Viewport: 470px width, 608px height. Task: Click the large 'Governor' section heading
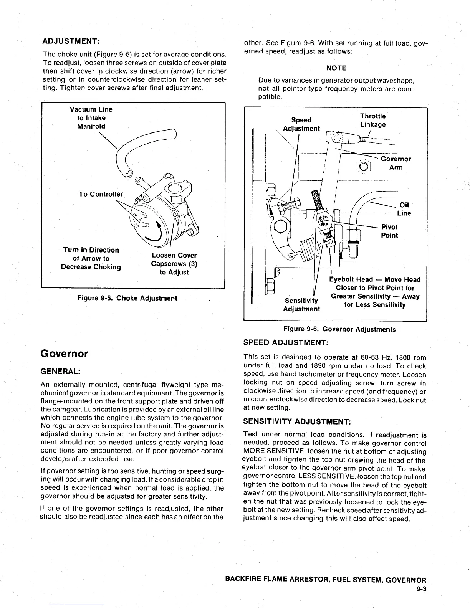(x=64, y=354)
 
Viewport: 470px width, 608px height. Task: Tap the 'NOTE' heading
(x=336, y=68)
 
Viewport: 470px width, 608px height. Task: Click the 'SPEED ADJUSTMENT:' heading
(x=285, y=342)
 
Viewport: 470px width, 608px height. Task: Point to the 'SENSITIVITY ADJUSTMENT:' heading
(x=297, y=421)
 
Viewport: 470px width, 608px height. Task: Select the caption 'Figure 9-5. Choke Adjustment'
(x=127, y=298)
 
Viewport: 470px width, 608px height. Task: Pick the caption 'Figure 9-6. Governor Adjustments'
(x=339, y=329)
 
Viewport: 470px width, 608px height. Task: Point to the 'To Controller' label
(x=101, y=194)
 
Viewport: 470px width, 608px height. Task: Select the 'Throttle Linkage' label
(x=372, y=120)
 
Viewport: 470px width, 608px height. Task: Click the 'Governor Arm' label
(x=396, y=163)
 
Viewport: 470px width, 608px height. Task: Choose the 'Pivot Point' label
(x=389, y=231)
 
